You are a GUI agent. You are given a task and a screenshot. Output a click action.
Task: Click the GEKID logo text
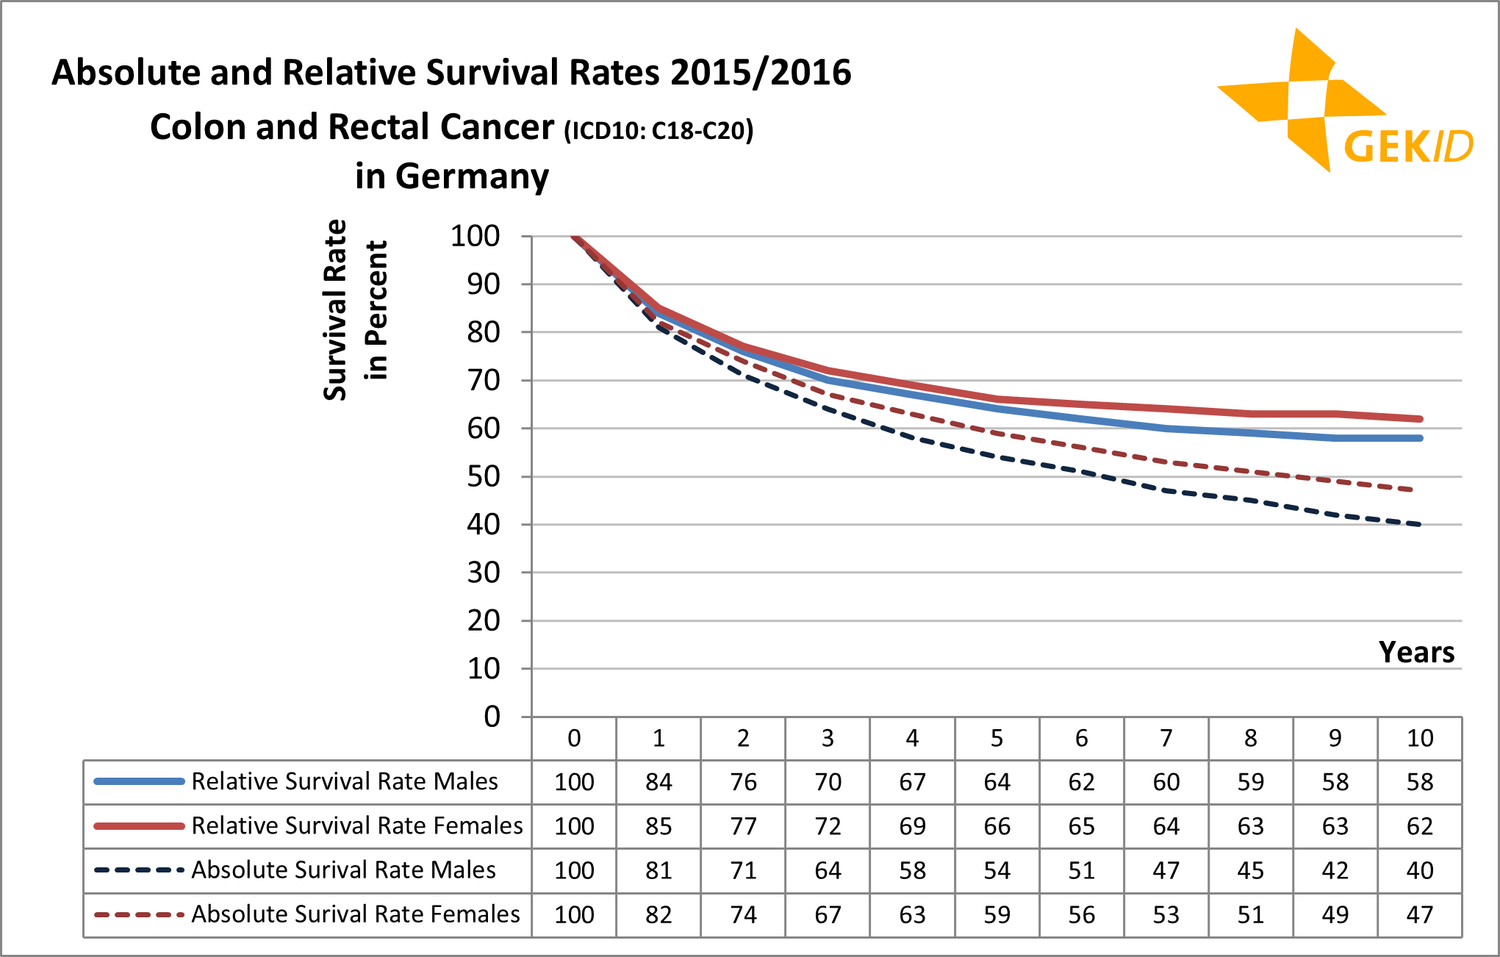(1407, 146)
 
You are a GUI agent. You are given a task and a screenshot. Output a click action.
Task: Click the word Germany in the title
(472, 176)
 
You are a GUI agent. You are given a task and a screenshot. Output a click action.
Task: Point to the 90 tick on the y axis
(483, 284)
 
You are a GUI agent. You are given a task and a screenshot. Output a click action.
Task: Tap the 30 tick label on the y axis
(483, 573)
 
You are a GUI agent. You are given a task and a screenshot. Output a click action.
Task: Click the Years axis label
(1416, 652)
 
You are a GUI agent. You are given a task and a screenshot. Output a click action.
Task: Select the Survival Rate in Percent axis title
(355, 309)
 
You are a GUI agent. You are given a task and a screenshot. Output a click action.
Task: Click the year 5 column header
(997, 738)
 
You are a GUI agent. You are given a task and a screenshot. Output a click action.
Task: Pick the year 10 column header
(1419, 738)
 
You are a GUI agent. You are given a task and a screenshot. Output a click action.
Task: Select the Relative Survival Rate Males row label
(344, 781)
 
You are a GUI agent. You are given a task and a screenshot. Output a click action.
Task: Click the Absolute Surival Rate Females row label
(355, 914)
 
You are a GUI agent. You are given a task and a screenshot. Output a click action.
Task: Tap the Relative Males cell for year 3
(828, 782)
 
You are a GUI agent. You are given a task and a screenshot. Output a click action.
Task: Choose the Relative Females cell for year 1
(659, 826)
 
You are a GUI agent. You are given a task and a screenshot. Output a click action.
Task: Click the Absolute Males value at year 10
(1419, 870)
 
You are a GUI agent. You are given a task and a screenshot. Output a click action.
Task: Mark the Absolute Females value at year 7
(1166, 914)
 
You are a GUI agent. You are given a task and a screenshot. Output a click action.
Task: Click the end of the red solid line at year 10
(1420, 419)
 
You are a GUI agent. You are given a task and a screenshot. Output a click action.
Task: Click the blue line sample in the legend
(139, 781)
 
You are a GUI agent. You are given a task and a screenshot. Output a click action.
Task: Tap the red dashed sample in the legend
(139, 914)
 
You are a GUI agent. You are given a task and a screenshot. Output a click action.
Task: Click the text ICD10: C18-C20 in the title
(659, 131)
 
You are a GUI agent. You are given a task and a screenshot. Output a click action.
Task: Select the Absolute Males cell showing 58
(912, 870)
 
